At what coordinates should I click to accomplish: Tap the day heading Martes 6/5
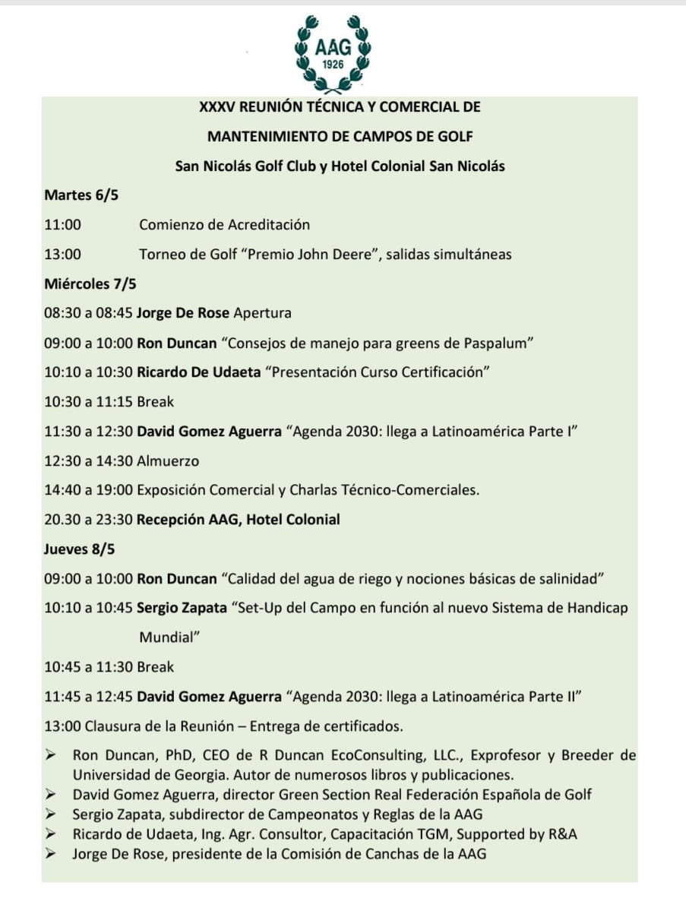point(81,195)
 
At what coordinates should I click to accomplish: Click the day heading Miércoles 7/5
point(90,284)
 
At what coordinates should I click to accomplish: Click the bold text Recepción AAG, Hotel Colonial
point(239,520)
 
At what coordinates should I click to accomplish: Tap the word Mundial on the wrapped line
point(169,637)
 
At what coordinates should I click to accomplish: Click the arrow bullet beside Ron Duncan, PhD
point(51,755)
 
